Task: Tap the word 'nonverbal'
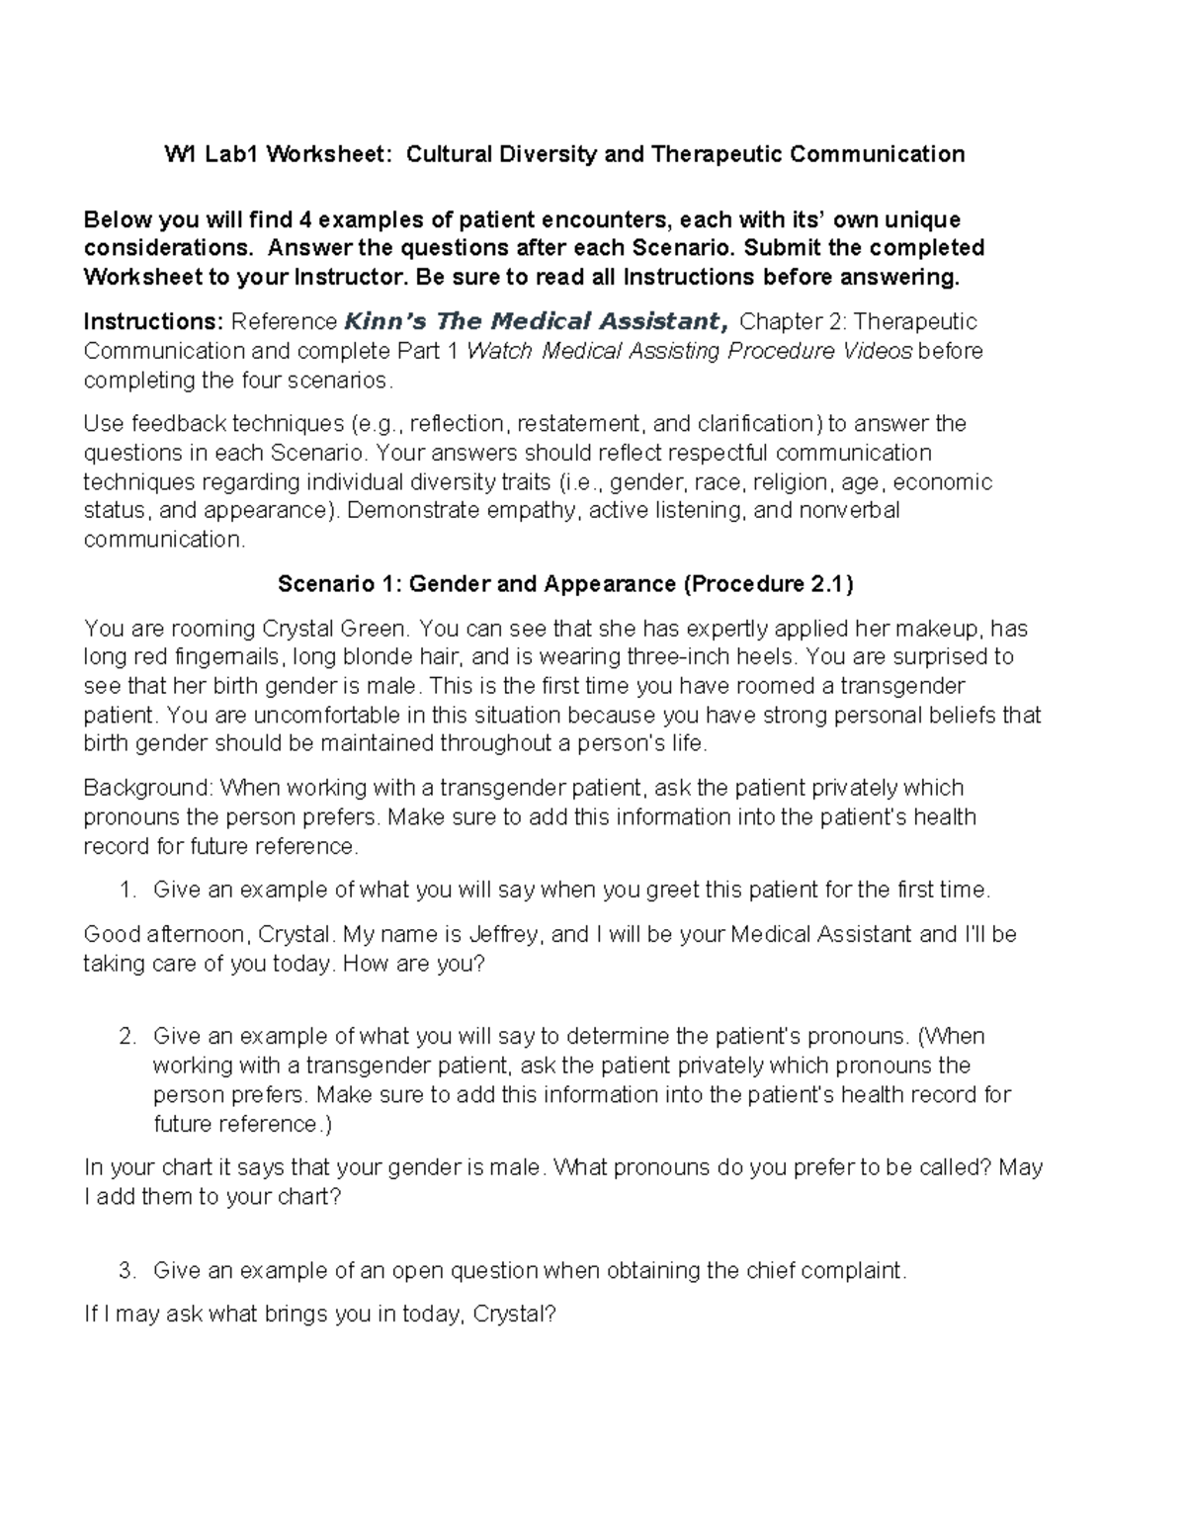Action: [851, 511]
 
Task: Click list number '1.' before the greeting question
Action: [127, 890]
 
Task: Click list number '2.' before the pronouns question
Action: [127, 1037]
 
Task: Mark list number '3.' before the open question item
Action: [127, 1270]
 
